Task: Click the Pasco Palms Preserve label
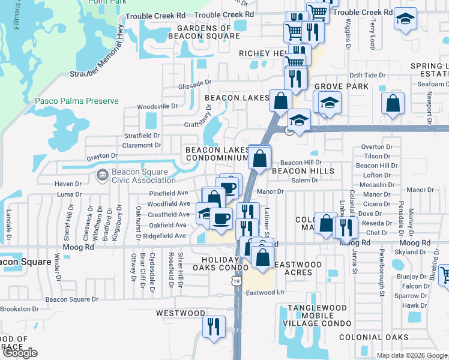point(76,101)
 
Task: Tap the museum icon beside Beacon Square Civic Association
point(101,176)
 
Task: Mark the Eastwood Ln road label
point(265,293)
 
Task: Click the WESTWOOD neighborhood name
point(181,313)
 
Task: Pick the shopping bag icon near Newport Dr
point(392,103)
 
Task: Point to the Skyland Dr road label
point(411,253)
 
